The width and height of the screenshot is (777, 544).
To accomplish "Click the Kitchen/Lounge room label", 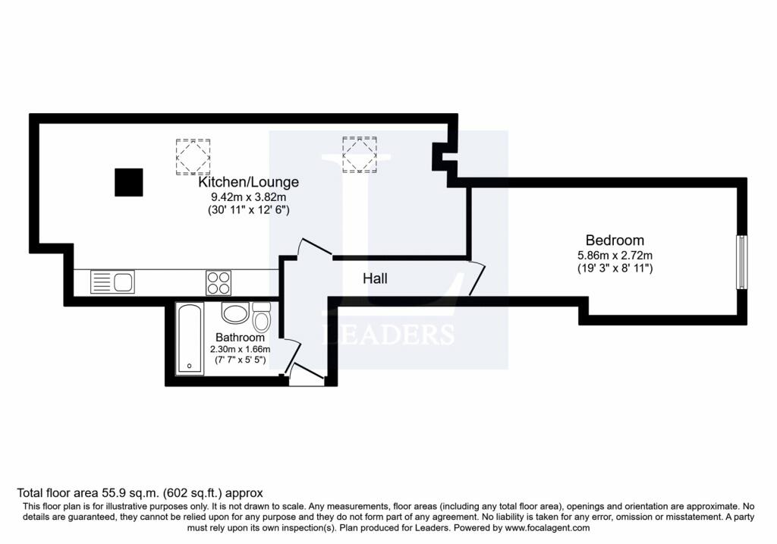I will coord(248,182).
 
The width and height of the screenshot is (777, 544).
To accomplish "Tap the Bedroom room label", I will coord(615,241).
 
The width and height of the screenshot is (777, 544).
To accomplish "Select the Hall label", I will coord(375,278).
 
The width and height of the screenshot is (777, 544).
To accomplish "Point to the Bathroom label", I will coord(240,337).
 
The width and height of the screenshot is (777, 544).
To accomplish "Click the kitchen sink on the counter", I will coord(112,283).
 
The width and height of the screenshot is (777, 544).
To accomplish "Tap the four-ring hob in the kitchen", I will coord(219,283).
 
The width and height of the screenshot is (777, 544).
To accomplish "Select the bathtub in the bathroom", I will coord(189,338).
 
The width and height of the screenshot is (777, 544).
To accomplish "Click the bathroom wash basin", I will coord(234,313).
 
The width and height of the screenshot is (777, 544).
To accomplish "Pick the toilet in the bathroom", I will coord(262,316).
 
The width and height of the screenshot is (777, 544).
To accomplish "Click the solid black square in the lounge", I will coord(129,182).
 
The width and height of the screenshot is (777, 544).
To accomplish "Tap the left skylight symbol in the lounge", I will coord(193,156).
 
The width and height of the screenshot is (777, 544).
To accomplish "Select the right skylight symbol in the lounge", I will coord(360,154).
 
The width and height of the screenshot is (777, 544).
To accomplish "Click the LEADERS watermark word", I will coord(389,335).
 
